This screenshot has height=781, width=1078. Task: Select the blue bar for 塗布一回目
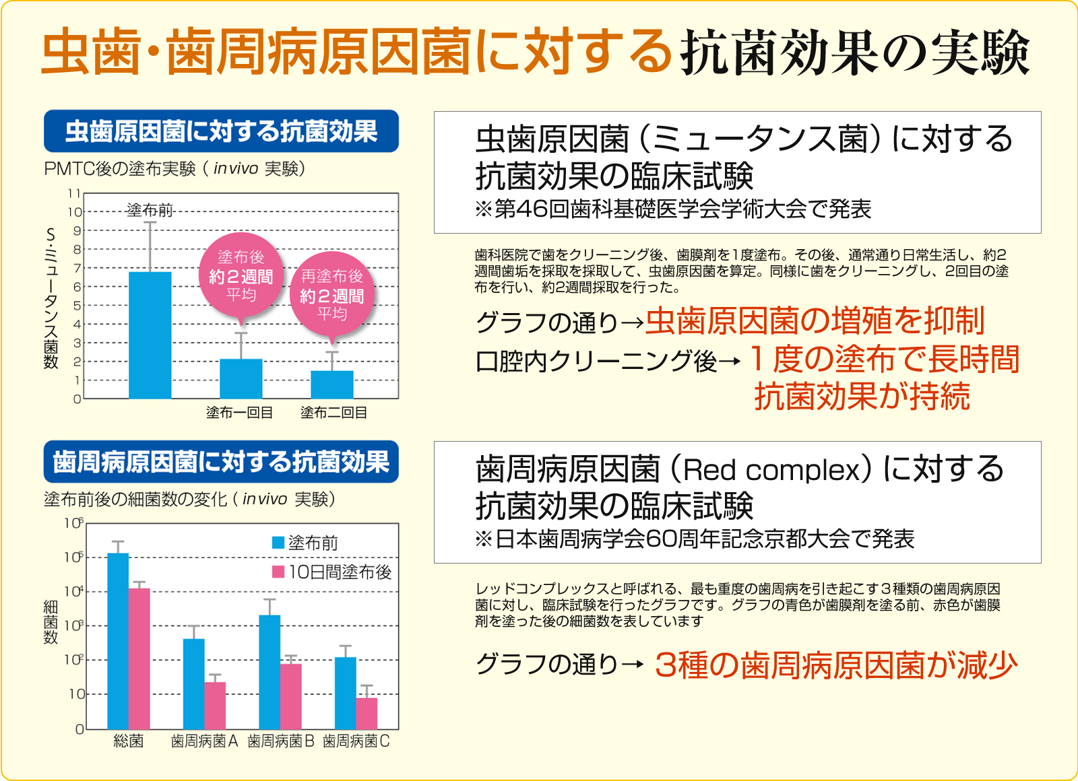click(x=241, y=378)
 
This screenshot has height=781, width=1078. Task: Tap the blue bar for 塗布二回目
click(x=331, y=384)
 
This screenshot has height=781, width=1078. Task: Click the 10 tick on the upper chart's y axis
click(x=74, y=212)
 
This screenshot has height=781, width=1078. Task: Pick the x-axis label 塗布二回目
click(x=334, y=413)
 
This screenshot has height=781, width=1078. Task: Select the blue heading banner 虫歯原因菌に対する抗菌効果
click(x=221, y=131)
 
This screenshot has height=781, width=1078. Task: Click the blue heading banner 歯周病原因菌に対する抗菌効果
click(x=221, y=462)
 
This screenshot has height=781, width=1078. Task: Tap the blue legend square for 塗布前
click(x=278, y=543)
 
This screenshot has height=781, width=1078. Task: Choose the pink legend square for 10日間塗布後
click(x=278, y=572)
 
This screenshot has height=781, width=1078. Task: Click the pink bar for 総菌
click(x=139, y=658)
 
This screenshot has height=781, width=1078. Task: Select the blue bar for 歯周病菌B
click(x=269, y=671)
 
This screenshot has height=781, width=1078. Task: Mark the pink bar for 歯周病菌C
click(x=367, y=713)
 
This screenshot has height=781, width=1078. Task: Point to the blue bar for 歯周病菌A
click(x=194, y=683)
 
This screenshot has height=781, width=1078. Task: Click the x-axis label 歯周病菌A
click(x=204, y=741)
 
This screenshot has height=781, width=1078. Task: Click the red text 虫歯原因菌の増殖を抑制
click(x=815, y=321)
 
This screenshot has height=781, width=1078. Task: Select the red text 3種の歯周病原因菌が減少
click(x=835, y=665)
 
